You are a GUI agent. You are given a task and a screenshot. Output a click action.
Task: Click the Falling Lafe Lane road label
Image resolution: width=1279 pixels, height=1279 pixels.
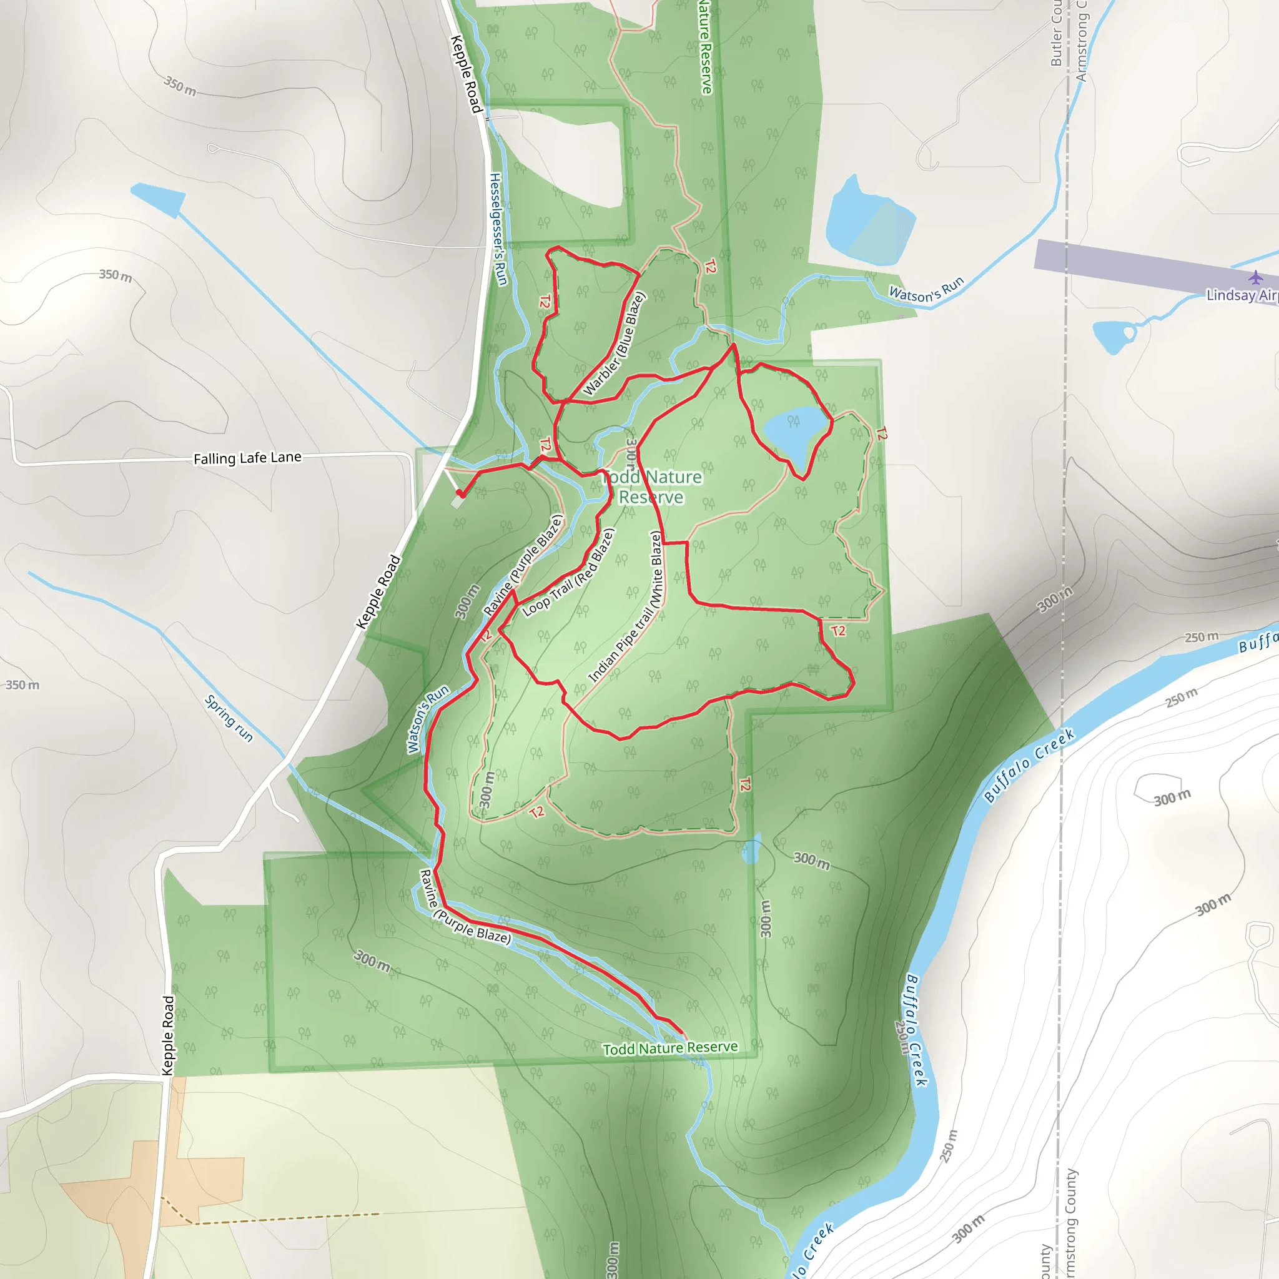247,458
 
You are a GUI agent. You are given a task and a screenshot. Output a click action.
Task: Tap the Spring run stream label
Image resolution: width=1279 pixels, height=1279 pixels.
229,718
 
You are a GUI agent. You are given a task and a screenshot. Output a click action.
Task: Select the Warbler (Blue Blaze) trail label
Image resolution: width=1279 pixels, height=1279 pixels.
614,345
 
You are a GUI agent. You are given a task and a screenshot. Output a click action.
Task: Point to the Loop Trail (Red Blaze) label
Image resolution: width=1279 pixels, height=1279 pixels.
569,573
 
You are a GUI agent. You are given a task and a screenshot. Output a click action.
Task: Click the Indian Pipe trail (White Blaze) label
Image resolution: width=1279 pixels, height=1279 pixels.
626,607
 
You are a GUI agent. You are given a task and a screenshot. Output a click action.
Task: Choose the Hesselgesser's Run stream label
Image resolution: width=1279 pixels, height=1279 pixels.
498,229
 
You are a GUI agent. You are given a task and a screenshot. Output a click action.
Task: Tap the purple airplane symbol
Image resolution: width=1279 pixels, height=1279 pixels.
1255,277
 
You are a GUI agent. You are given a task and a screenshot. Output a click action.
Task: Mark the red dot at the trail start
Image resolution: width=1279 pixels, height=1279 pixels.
460,493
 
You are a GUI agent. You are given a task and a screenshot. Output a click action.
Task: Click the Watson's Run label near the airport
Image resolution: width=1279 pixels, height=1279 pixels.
925,290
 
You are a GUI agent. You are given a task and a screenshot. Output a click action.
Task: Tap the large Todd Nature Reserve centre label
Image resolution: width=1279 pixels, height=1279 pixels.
652,487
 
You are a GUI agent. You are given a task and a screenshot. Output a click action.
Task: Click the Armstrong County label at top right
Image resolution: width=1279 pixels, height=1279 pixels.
1082,40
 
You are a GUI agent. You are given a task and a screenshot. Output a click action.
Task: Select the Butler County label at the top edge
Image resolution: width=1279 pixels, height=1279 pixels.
1057,33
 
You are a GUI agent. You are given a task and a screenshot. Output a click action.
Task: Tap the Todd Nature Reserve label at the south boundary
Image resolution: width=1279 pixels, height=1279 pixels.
670,1048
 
